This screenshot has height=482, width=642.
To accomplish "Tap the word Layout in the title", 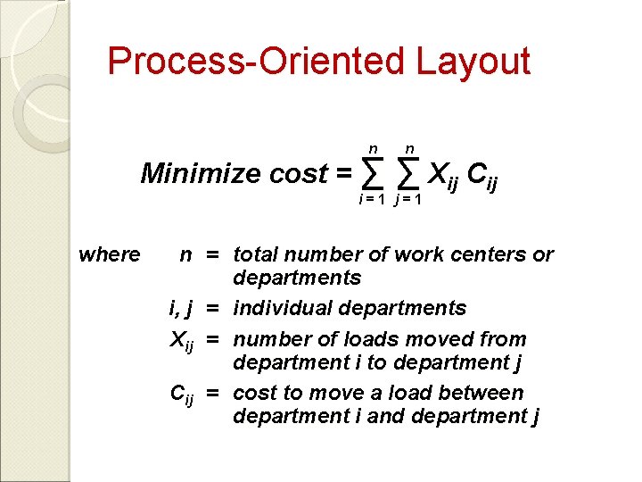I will (x=473, y=62).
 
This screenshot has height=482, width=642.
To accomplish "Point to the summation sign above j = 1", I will (x=407, y=170).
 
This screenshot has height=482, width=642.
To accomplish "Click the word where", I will (x=110, y=254).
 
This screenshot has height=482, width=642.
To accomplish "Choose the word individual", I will (x=280, y=308).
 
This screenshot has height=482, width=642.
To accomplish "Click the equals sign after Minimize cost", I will (x=343, y=173).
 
